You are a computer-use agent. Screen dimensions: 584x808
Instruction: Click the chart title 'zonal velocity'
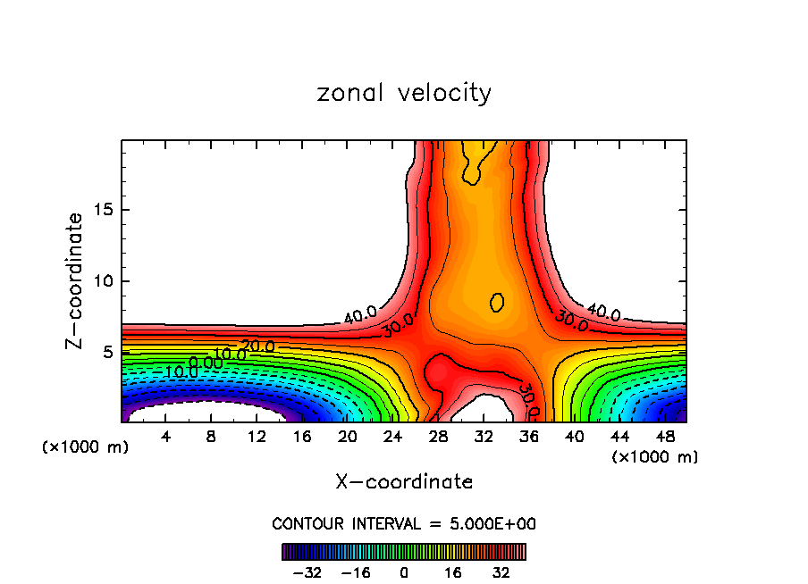(x=404, y=93)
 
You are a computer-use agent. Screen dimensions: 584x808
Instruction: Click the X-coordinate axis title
(x=404, y=482)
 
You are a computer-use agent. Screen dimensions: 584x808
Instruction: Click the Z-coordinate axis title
(x=76, y=280)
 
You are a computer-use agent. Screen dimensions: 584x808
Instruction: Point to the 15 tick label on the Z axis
(x=103, y=210)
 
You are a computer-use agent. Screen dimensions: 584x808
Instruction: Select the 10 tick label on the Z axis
(x=103, y=281)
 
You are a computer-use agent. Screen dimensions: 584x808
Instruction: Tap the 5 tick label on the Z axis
(x=107, y=353)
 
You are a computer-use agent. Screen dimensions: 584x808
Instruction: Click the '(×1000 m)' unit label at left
(x=86, y=447)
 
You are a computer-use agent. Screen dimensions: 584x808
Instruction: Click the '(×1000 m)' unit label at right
(x=655, y=457)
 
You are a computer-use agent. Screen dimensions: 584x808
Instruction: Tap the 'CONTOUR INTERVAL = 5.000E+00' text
(x=404, y=524)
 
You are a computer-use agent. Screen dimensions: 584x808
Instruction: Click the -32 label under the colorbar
(x=307, y=571)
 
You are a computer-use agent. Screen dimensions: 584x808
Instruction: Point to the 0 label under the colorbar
(x=404, y=571)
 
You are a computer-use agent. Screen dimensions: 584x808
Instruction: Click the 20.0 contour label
(x=258, y=346)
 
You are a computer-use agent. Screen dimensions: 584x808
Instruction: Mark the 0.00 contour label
(x=206, y=363)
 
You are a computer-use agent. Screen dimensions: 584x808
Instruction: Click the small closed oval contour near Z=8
(x=497, y=302)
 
